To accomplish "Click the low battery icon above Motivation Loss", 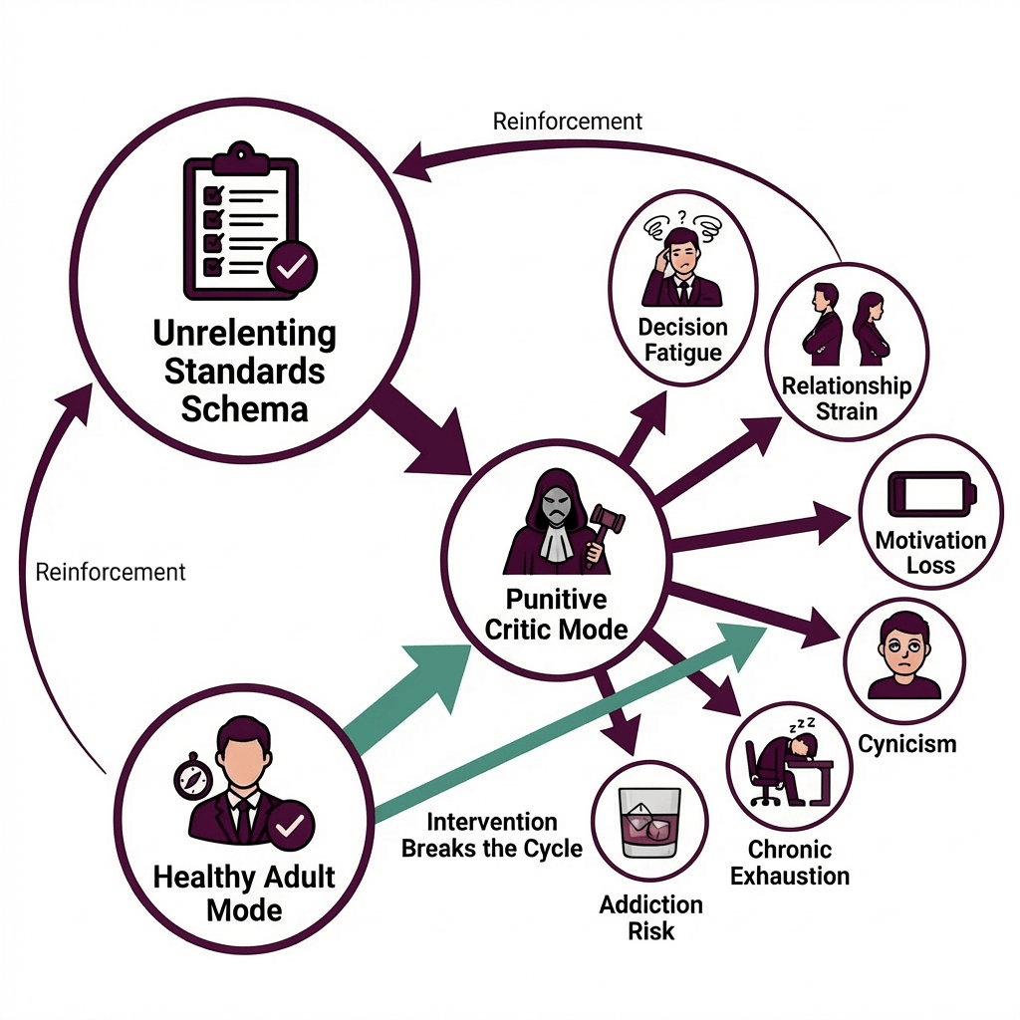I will (929, 494).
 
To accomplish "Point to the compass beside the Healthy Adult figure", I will (192, 777).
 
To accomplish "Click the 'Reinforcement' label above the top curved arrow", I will (568, 122).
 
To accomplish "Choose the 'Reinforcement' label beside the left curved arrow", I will (111, 572).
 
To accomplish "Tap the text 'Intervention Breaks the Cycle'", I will (491, 836).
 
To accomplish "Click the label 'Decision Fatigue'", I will (683, 339).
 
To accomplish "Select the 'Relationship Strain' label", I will (847, 397).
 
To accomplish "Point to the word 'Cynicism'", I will (906, 743).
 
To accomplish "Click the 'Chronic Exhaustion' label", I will (790, 864).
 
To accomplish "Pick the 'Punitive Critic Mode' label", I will (556, 615).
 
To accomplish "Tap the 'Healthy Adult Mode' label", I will (244, 893).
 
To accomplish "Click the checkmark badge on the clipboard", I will (292, 266).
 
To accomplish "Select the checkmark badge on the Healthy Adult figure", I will (291, 825).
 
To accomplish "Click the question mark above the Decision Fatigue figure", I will (683, 216).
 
